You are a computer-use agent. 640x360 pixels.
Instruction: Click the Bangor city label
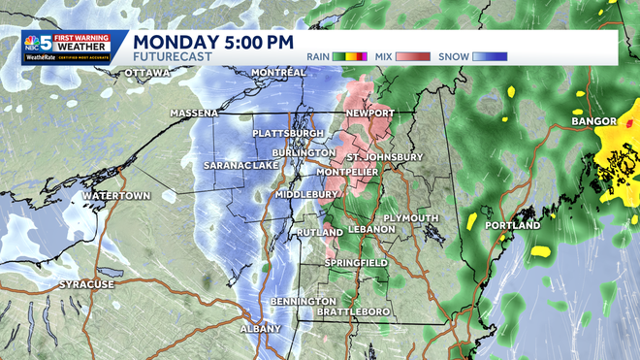594,123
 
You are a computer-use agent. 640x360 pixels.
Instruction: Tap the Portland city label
513,225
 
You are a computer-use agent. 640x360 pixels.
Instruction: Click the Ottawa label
147,74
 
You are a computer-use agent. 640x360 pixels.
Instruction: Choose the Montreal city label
278,74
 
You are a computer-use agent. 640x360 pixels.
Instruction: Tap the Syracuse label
86,284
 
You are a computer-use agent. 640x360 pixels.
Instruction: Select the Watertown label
115,195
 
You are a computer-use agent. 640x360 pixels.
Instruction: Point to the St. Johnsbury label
385,156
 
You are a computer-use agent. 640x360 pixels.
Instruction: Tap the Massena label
194,113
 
